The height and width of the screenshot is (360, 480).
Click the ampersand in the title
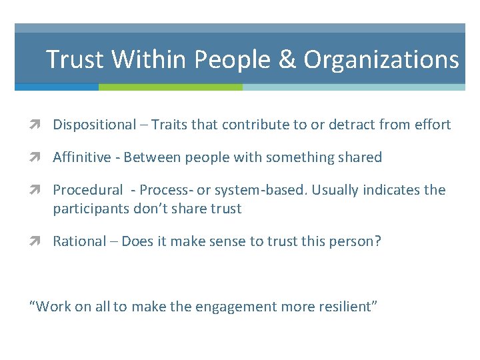[286, 60]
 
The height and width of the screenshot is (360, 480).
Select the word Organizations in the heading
[381, 60]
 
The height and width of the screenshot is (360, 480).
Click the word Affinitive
[81, 158]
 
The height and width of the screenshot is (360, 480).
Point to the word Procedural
[88, 191]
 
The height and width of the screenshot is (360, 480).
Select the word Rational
[79, 241]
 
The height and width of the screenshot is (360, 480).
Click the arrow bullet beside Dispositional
[41, 125]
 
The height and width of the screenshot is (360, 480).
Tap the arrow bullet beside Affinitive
[41, 158]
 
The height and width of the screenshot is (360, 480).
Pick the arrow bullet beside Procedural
[41, 191]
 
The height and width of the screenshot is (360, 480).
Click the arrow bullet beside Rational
[41, 241]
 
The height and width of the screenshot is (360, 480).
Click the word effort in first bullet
[433, 125]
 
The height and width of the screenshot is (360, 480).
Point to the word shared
[360, 158]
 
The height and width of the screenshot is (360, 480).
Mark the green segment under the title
[170, 87]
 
